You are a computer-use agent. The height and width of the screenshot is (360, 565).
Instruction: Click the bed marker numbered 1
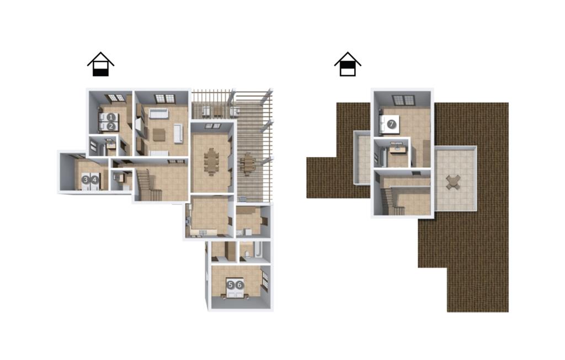[111, 117]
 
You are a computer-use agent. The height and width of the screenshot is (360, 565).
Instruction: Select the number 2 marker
[111, 126]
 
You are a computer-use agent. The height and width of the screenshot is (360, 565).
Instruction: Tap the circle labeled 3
[86, 179]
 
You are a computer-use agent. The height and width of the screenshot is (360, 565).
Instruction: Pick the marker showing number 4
[94, 179]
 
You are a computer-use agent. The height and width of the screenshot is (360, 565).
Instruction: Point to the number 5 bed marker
[231, 285]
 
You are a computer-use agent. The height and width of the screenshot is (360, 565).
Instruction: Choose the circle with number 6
[239, 285]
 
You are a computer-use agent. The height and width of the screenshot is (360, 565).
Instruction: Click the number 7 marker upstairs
[392, 124]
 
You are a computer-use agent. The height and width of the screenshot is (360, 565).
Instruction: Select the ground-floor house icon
[100, 64]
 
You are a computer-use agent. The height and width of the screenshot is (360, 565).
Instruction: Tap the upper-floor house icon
[348, 64]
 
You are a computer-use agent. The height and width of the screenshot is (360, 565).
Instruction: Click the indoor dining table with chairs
[211, 162]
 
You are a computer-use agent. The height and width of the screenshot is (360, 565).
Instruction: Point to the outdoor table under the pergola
[248, 164]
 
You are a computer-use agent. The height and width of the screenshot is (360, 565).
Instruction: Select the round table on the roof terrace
[453, 182]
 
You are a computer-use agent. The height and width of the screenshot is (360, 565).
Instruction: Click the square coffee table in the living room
[159, 135]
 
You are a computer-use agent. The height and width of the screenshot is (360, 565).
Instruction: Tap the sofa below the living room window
[158, 113]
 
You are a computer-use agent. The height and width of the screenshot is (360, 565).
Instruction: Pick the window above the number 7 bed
[403, 100]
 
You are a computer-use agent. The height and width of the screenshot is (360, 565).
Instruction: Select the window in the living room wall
[164, 98]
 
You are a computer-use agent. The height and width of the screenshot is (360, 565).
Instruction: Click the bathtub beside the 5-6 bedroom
[259, 251]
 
